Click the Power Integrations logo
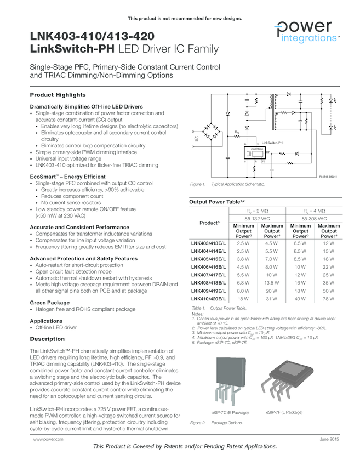point(306,32)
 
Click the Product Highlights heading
point(58,95)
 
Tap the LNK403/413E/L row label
point(208,242)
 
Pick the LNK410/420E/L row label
point(208,299)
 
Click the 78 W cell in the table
point(328,299)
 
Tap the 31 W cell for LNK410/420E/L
point(272,299)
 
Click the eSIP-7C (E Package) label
point(230,412)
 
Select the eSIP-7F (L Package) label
point(284,412)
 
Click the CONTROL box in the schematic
point(258,149)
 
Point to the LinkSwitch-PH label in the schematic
point(272,143)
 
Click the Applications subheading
point(46,321)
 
